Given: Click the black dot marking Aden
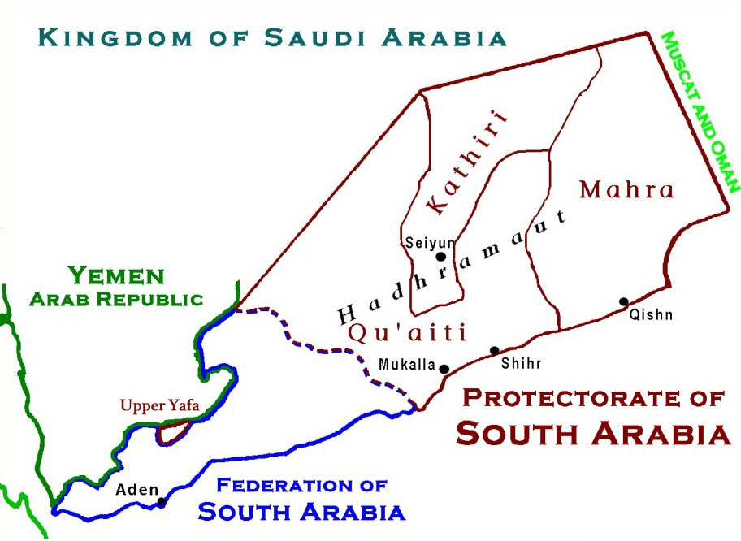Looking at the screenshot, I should click(x=161, y=502).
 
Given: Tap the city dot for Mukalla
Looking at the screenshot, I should click(x=444, y=369).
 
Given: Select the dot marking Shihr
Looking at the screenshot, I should click(x=494, y=351).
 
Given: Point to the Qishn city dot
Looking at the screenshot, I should click(x=623, y=301).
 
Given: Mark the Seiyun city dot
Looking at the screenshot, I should click(x=440, y=256).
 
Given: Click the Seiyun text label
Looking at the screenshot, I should click(x=430, y=241).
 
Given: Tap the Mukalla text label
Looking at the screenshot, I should click(x=407, y=365).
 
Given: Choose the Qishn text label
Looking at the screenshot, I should click(x=651, y=315).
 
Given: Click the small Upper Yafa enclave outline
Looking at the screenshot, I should click(x=172, y=432).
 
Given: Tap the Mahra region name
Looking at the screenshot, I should click(x=626, y=190).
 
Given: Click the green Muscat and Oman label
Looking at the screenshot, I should click(x=700, y=111).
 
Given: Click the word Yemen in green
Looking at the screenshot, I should click(x=116, y=275).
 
